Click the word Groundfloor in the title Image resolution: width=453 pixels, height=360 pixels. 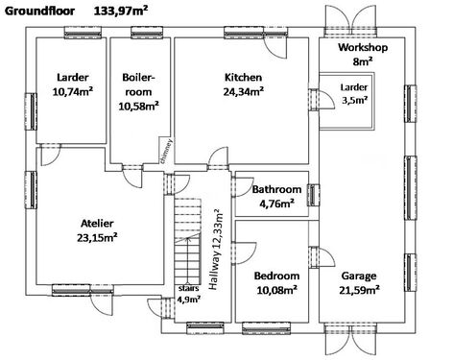coord(39,12)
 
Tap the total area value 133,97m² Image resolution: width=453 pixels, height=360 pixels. coord(121,11)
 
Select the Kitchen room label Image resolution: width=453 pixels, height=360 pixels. coord(243,78)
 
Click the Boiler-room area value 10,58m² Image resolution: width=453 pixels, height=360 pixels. coord(139,106)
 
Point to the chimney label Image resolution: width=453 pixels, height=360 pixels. coord(166,152)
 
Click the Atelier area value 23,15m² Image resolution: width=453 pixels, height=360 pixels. coord(97,238)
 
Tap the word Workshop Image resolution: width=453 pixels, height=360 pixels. coord(363,47)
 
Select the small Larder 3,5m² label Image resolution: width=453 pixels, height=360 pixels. coord(354,93)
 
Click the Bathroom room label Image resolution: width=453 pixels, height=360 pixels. coord(276,189)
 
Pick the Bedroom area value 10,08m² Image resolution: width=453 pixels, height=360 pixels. coord(277,290)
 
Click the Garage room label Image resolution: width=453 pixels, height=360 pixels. coord(359,276)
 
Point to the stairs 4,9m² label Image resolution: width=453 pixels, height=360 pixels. coord(189,294)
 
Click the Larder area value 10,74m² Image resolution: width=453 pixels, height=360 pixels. coord(73,92)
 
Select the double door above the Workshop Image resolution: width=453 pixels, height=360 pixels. coord(350,20)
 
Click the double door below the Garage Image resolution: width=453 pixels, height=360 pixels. coord(350,339)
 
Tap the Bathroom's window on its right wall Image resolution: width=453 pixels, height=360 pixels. coord(314,195)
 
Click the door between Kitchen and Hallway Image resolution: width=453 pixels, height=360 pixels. coord(218,159)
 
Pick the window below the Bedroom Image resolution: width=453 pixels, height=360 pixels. coord(266,328)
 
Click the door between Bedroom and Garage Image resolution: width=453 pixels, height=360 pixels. coord(322,256)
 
